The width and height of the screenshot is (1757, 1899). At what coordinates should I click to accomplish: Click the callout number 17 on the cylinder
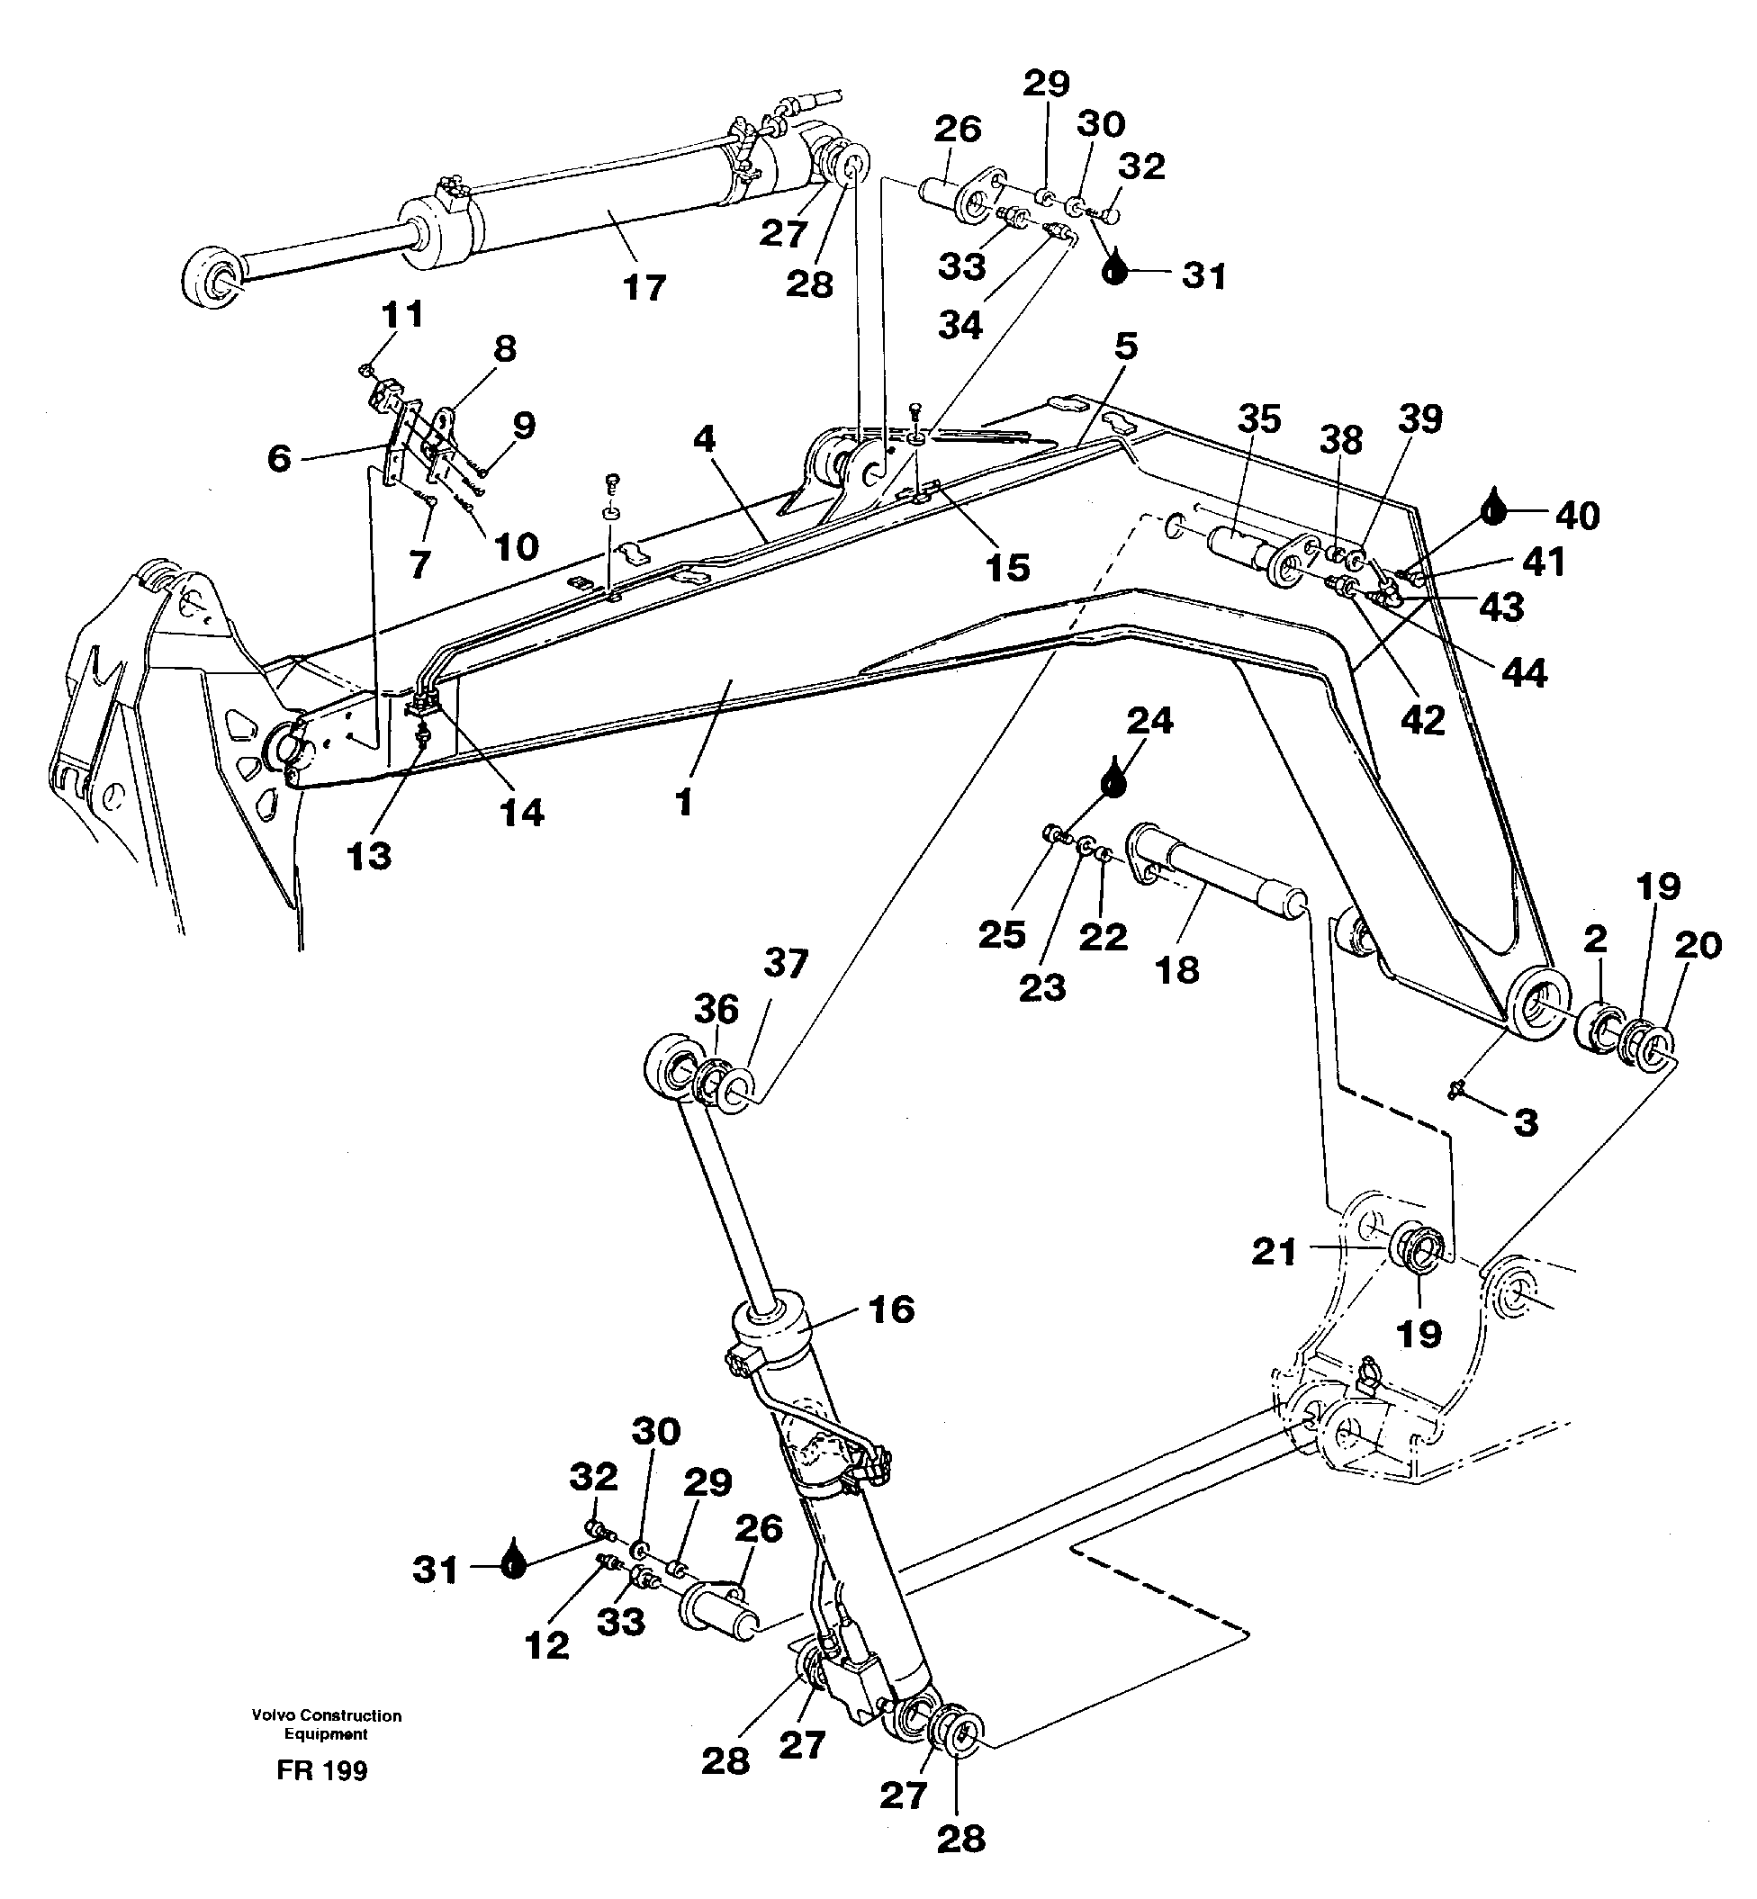tap(644, 287)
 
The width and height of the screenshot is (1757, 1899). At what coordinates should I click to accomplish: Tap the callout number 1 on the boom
tap(683, 803)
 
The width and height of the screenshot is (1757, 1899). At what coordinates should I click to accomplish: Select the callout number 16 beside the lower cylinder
tap(891, 1309)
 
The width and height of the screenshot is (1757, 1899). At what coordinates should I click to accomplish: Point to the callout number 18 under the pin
tap(1177, 970)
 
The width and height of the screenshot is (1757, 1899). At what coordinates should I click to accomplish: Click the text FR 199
tap(322, 1770)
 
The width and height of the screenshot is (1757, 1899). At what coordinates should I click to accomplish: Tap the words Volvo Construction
tap(326, 1715)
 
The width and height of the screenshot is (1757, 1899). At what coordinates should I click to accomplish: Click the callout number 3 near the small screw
tap(1525, 1122)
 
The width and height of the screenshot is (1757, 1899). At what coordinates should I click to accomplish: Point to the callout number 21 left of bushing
tap(1274, 1252)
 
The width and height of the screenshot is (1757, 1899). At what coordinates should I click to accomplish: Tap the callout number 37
tap(785, 964)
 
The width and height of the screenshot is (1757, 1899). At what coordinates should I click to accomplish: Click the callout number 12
tap(546, 1645)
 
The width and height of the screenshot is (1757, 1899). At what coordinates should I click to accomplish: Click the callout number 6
tap(278, 458)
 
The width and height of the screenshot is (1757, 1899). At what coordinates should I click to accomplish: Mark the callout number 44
tap(1524, 673)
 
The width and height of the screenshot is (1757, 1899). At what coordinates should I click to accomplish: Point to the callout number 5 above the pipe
tap(1126, 346)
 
